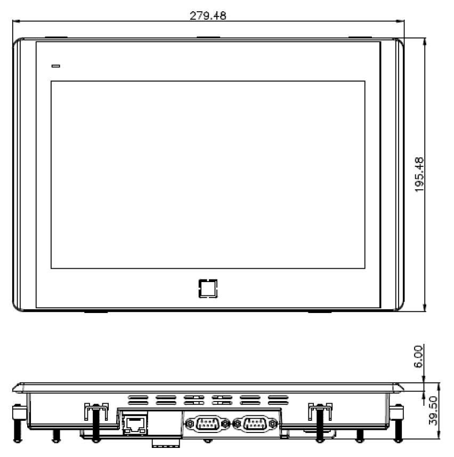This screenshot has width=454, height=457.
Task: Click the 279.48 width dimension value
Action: pyautogui.click(x=208, y=15)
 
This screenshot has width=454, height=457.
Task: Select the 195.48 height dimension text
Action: pyautogui.click(x=419, y=174)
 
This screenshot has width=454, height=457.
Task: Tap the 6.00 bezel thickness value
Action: pyautogui.click(x=419, y=356)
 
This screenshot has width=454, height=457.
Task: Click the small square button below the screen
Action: pyautogui.click(x=207, y=288)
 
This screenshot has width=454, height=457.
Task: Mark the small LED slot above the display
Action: pyautogui.click(x=55, y=66)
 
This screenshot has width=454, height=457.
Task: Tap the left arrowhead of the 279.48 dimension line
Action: pyautogui.click(x=15, y=22)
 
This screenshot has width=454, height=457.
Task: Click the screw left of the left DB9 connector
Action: pyautogui.click(x=190, y=424)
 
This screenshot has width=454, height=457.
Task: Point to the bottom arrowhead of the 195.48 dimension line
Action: pyautogui.click(x=425, y=309)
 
